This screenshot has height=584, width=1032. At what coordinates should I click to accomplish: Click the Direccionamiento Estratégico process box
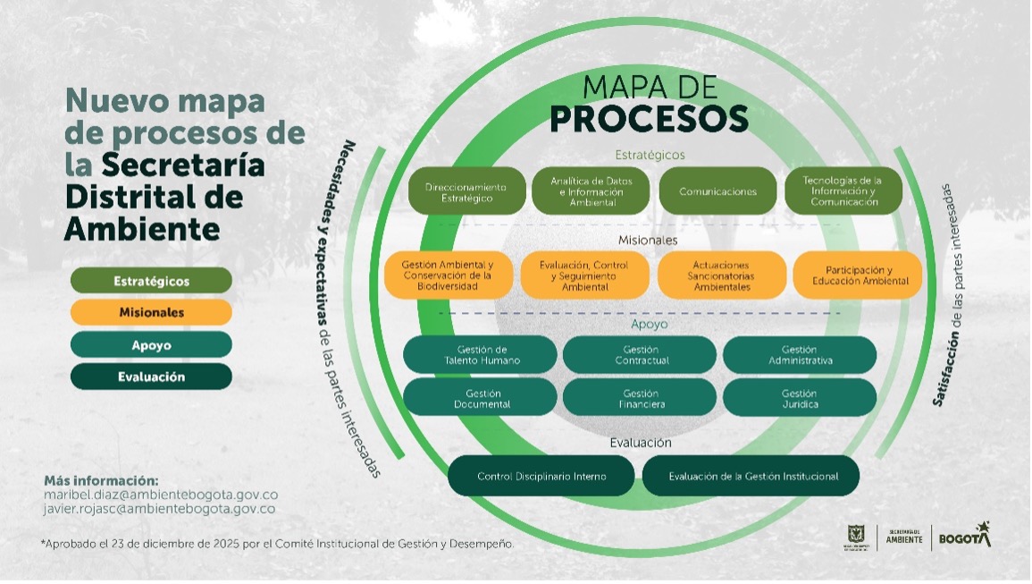(466, 192)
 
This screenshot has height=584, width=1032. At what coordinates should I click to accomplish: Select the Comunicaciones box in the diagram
(717, 191)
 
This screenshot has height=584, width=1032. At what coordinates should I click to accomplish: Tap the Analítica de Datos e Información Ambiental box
(592, 191)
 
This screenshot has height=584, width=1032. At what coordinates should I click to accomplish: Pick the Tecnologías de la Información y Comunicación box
(843, 191)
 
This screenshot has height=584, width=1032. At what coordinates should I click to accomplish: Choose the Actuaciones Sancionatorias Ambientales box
(721, 275)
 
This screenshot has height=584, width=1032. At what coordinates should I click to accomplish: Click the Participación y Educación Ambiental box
(858, 275)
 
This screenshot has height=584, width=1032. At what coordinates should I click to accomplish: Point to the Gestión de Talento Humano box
(481, 355)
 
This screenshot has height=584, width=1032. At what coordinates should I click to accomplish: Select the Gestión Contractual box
(640, 355)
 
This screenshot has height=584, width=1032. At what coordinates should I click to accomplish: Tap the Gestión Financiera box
(640, 398)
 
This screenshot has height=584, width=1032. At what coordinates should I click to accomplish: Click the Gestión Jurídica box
(800, 398)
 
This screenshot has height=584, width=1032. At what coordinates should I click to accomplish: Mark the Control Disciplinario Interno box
(541, 477)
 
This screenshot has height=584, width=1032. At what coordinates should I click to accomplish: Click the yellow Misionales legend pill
(151, 313)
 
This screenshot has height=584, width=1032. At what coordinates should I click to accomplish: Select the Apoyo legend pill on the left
(151, 345)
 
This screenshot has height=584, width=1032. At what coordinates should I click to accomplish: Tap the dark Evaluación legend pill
(151, 377)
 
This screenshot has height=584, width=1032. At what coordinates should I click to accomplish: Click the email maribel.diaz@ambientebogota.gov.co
(161, 495)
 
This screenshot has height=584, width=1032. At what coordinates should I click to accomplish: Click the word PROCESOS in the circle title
(649, 118)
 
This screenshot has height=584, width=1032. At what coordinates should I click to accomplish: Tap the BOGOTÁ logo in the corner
(963, 537)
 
